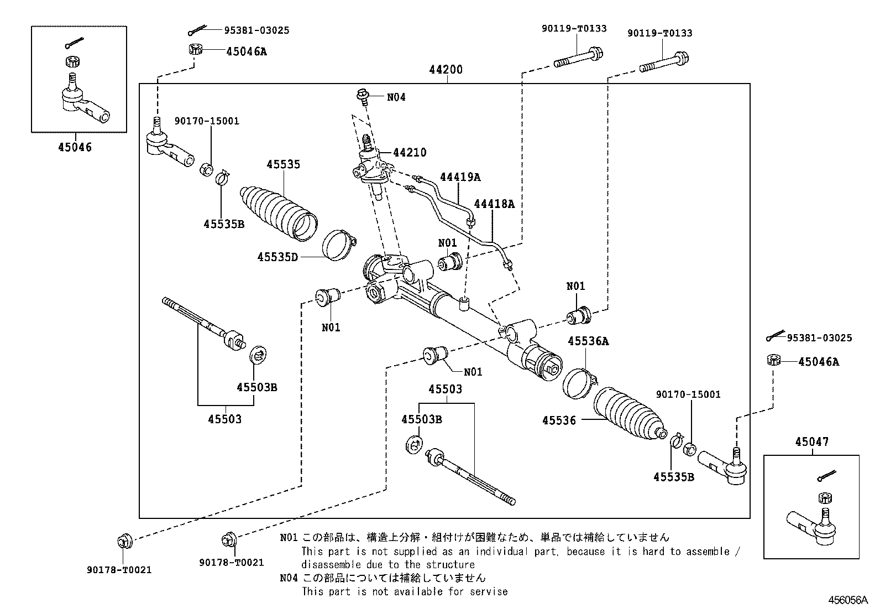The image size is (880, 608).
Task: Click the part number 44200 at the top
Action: [x=446, y=70]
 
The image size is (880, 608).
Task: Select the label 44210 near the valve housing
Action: [x=410, y=153]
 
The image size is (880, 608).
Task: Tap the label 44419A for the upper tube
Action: [x=460, y=177]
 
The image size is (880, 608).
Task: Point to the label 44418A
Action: [x=494, y=204]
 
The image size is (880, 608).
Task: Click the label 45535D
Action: [x=277, y=257]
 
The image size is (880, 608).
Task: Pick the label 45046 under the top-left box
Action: [x=75, y=147]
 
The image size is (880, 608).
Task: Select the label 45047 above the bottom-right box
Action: [x=811, y=442]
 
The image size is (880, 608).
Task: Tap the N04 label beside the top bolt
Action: [x=396, y=97]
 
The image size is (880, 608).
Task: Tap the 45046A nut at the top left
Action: [x=195, y=49]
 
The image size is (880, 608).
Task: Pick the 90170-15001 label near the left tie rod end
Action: [x=207, y=121]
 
